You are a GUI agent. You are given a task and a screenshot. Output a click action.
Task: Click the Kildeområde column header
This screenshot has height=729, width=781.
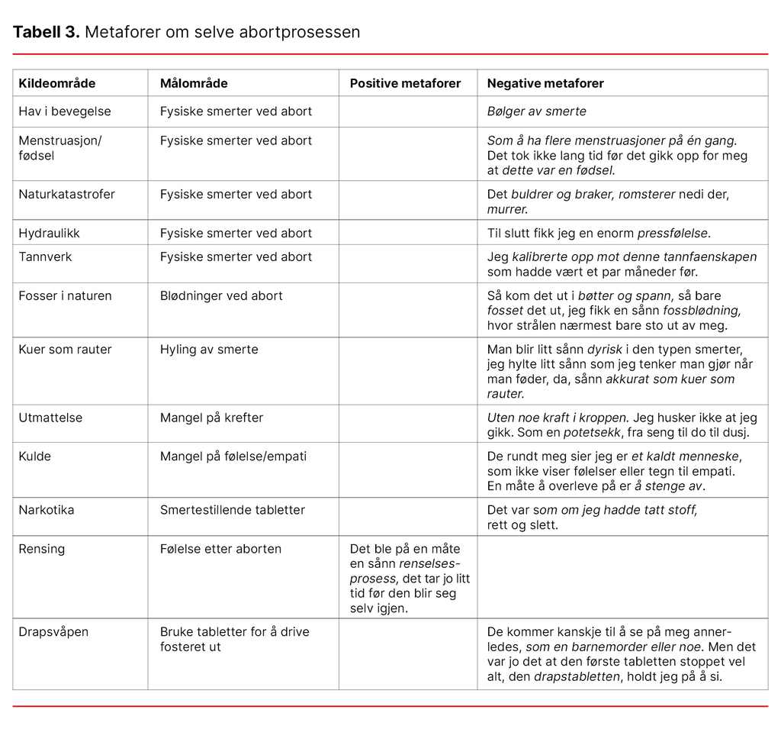[57, 83]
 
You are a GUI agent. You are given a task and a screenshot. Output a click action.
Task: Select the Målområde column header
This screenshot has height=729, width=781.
[194, 83]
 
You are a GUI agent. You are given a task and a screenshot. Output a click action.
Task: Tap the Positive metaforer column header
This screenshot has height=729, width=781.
[405, 83]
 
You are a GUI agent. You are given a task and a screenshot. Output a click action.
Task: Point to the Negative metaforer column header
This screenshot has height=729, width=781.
[545, 83]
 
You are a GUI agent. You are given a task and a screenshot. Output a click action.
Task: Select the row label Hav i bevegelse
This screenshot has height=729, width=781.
[65, 111]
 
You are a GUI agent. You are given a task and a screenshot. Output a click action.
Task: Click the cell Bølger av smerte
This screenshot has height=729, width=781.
[537, 111]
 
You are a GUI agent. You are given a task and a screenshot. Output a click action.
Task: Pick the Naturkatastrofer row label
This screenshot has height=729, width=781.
[67, 194]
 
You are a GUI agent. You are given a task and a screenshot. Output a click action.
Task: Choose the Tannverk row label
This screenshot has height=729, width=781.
[45, 256]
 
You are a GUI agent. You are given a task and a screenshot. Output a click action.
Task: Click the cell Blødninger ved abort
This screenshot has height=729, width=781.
[221, 295]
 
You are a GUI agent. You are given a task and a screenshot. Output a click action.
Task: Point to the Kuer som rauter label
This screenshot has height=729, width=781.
[65, 350]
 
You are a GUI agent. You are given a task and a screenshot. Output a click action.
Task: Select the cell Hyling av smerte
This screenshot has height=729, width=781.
[209, 350]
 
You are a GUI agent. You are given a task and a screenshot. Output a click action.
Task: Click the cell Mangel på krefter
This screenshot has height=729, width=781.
[211, 418]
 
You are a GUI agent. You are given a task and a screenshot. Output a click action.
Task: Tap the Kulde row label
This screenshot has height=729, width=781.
[35, 456]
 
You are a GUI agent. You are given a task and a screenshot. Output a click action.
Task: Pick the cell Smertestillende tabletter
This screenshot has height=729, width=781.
[233, 509]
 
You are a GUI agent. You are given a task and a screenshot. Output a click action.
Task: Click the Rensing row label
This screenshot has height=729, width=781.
[42, 549]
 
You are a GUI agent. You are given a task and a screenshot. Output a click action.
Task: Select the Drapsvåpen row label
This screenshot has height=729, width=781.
[53, 632]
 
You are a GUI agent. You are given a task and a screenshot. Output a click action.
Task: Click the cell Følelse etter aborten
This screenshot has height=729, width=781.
[220, 549]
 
